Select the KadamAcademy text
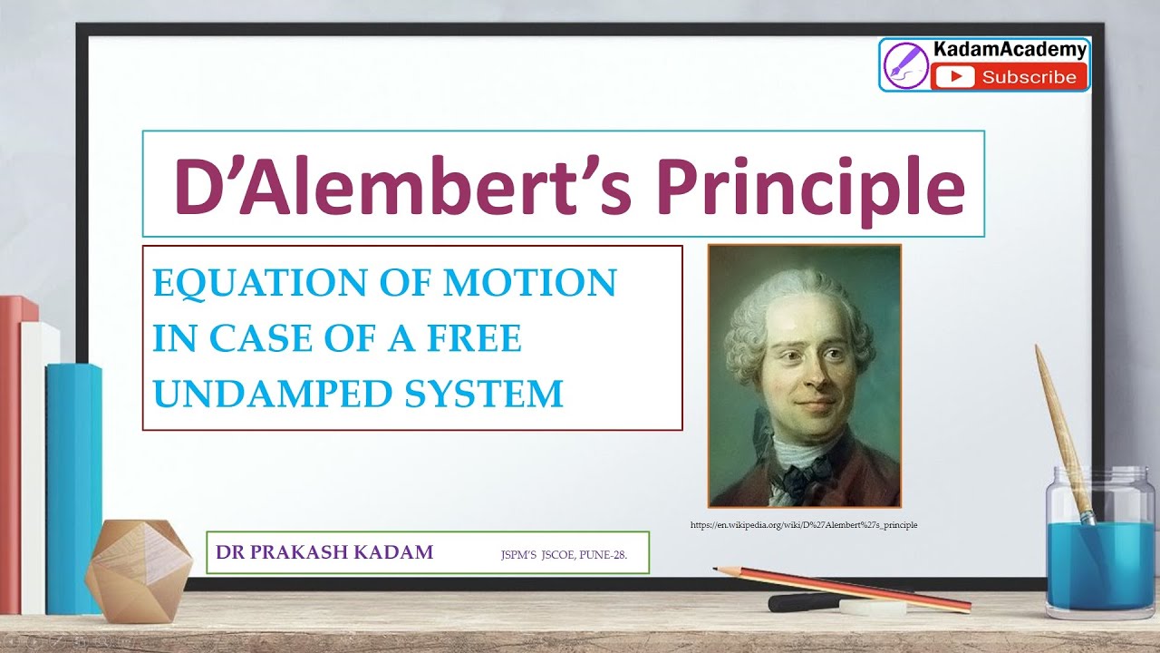click(x=1009, y=51)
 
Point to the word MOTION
click(x=517, y=283)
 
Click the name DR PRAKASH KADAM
click(x=324, y=552)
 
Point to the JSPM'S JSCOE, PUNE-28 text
click(x=563, y=553)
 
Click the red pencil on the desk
click(x=843, y=587)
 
